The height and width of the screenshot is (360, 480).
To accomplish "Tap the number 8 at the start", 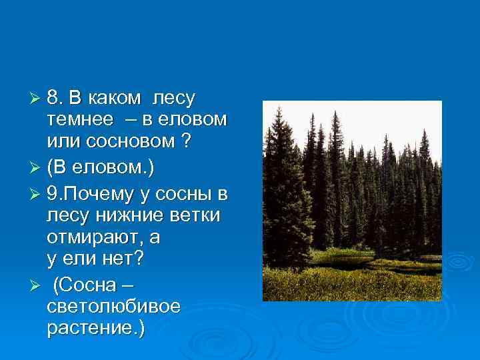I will pos(53,99).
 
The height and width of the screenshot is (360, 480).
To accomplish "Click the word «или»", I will pos(61,142).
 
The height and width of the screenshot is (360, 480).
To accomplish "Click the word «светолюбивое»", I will pos(113,307).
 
